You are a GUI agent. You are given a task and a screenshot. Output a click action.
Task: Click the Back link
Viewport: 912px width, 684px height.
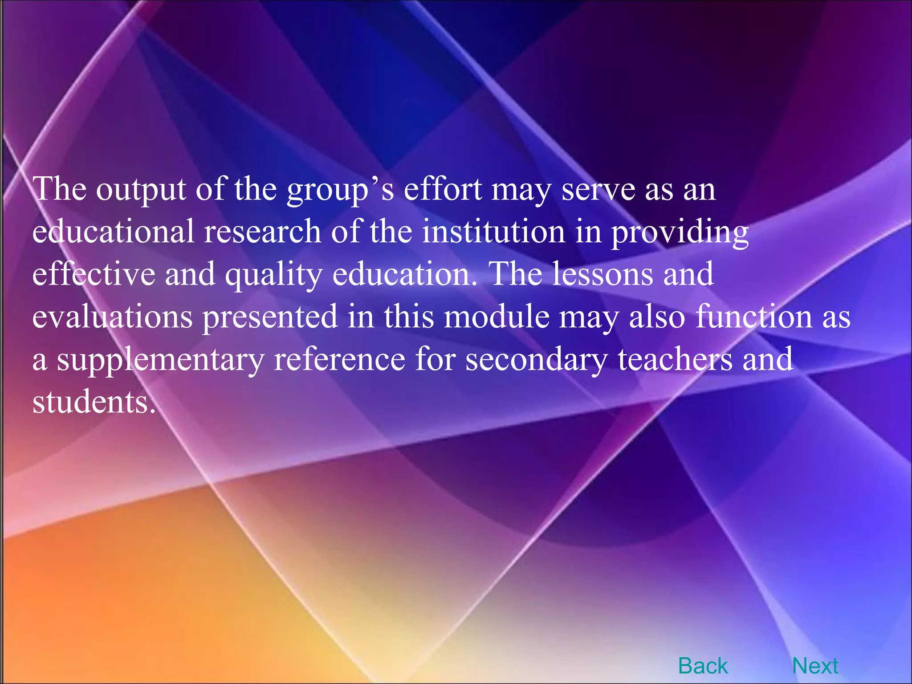(x=703, y=666)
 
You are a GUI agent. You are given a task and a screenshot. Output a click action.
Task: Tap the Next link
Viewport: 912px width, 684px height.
(x=815, y=666)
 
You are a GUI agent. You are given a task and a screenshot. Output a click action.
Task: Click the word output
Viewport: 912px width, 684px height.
(x=141, y=190)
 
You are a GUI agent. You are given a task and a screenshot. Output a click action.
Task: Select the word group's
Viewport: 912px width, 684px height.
(x=340, y=190)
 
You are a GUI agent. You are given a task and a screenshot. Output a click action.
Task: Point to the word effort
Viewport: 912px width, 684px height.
(x=443, y=189)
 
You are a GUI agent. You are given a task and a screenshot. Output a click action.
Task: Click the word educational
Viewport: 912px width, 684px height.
(x=113, y=232)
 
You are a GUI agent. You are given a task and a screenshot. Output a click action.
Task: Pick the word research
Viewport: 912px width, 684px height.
(x=262, y=232)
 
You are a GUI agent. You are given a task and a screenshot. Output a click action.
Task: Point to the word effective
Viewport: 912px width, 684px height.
(x=94, y=273)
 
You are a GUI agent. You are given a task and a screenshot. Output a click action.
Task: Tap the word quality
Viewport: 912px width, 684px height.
(x=273, y=274)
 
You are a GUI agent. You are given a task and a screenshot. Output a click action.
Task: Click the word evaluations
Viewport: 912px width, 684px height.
(x=112, y=316)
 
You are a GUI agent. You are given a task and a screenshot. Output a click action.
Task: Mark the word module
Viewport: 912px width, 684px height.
(x=497, y=316)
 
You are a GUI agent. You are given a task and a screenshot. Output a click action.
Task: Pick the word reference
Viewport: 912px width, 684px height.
(x=339, y=359)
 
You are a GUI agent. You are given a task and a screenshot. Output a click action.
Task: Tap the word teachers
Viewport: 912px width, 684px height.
(x=675, y=359)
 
